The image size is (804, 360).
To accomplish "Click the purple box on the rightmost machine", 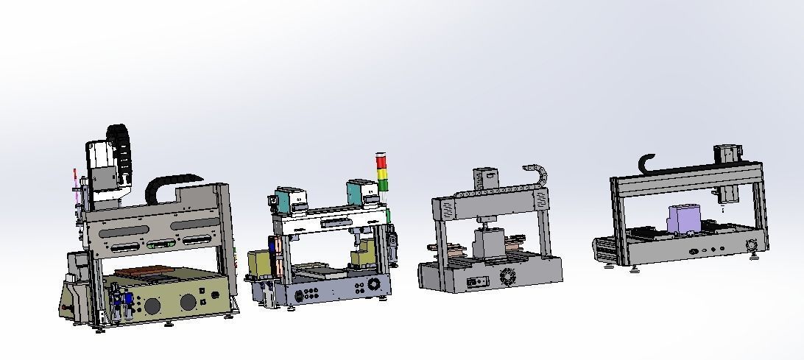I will click(685, 220).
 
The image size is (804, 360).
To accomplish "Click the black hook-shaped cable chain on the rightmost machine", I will click(647, 163).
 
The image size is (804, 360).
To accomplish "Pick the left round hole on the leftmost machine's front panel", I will click(152, 306).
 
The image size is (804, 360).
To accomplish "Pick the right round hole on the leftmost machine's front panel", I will click(188, 301).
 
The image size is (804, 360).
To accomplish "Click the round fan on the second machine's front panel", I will click(374, 284).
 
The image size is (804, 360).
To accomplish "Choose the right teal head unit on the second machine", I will click(356, 192).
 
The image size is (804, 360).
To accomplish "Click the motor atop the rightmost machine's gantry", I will click(725, 155).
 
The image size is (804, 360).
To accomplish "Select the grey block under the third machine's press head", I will click(487, 244).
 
